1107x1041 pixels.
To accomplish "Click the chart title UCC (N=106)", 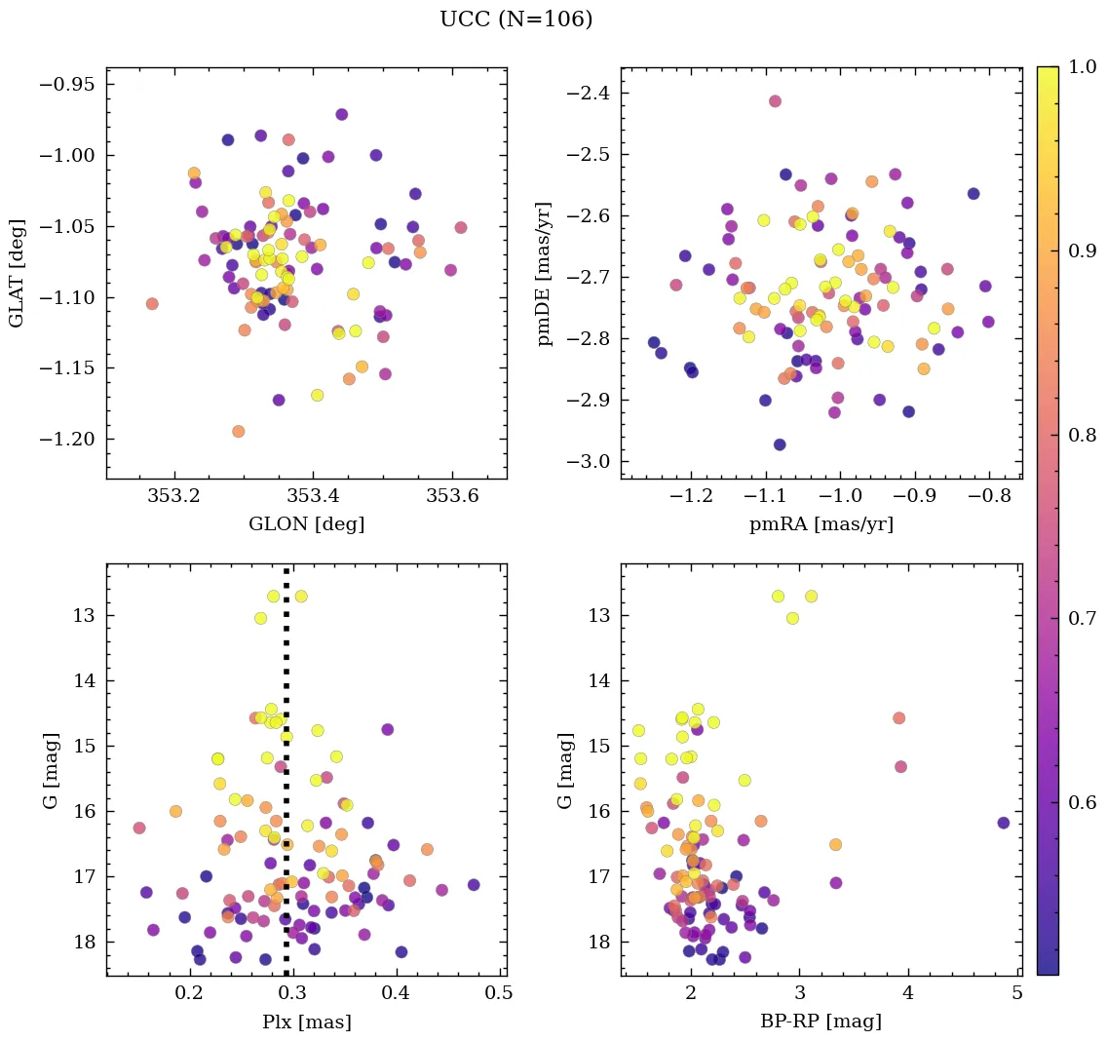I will click(515, 19).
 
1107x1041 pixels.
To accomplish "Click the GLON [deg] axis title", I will click(306, 524).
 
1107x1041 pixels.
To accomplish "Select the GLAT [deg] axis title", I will click(17, 273).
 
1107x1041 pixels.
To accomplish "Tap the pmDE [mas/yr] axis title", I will click(546, 273).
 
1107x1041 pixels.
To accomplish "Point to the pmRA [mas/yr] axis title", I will click(821, 524).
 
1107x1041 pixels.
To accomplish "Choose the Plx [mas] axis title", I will click(306, 1022).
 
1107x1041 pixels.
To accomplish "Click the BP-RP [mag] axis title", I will click(821, 1022).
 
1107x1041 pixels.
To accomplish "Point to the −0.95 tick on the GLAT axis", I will click(67, 84).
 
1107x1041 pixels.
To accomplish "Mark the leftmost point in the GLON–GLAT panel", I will click(152, 304).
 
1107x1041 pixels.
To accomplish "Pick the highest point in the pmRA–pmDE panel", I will click(775, 101).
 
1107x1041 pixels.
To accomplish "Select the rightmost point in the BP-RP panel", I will click(1003, 823).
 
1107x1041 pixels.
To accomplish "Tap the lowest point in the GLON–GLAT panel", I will click(238, 431).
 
